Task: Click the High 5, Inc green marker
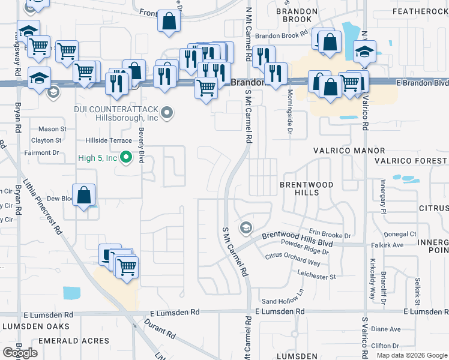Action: click(125, 158)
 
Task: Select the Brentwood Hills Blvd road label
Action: click(297, 239)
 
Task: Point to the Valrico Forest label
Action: click(411, 161)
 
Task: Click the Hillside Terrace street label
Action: click(107, 140)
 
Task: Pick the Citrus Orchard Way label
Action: click(292, 259)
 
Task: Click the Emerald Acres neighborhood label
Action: click(74, 341)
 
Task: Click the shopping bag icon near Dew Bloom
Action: click(84, 195)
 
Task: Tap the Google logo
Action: click(20, 353)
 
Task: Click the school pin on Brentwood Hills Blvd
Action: click(245, 228)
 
